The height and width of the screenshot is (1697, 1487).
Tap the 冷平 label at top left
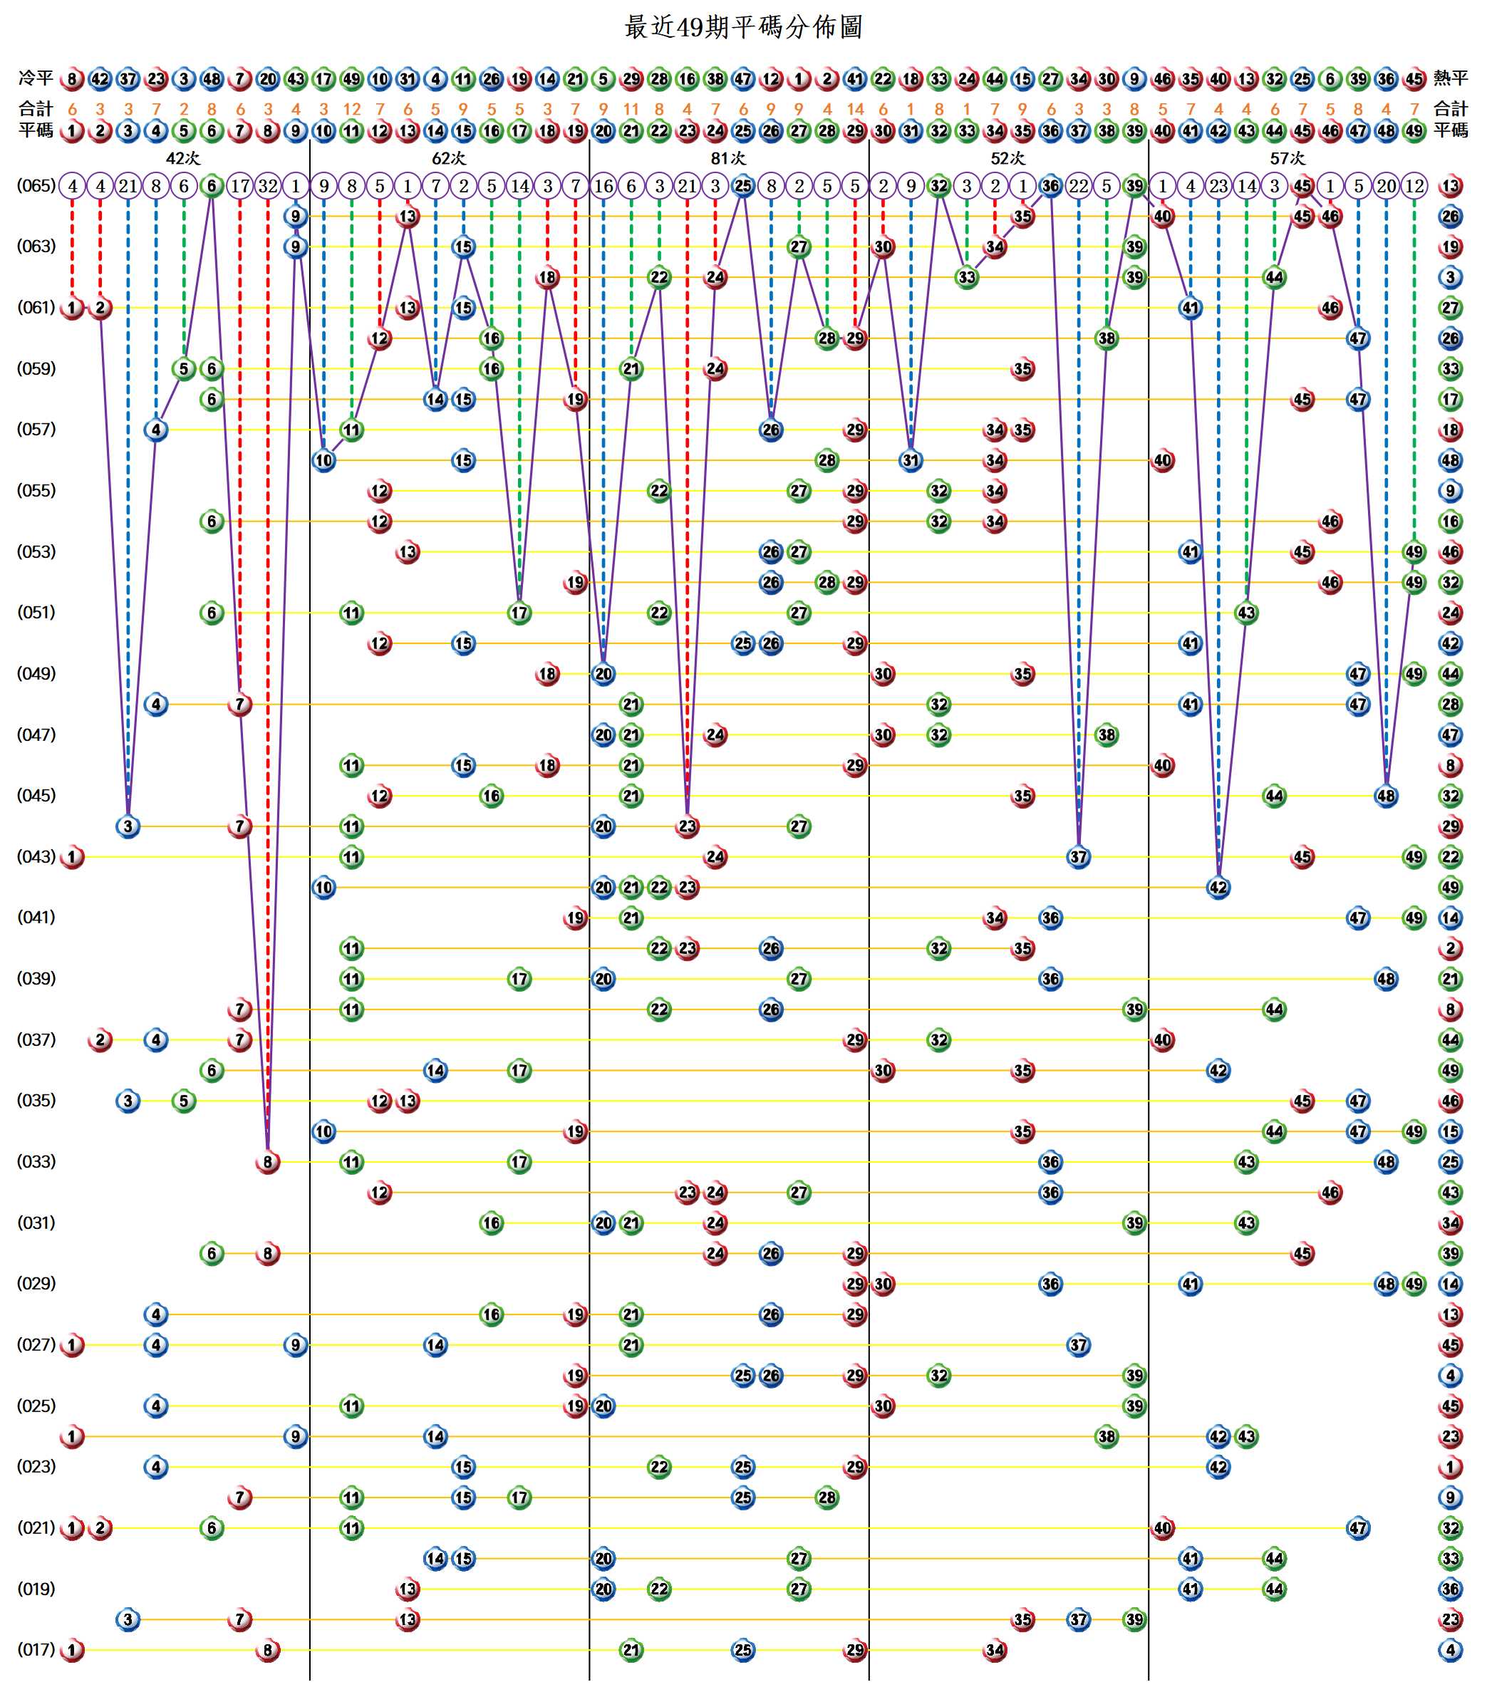tap(36, 79)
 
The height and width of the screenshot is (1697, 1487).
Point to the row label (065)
tap(36, 186)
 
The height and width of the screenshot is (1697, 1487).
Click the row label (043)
tap(36, 856)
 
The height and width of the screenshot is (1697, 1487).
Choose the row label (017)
tap(36, 1649)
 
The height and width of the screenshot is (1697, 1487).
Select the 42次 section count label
tap(182, 158)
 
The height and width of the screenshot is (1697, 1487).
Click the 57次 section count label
tap(1287, 158)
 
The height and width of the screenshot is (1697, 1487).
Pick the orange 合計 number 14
tap(855, 110)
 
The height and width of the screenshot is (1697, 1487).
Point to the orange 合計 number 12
tap(352, 110)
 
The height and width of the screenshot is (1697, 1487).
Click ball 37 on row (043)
tap(1078, 856)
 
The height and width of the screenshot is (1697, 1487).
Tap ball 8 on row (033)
tap(267, 1162)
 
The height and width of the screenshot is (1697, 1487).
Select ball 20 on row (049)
tap(603, 674)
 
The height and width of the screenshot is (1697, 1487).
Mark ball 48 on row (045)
tap(1386, 796)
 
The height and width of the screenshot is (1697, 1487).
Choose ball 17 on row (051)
tap(519, 613)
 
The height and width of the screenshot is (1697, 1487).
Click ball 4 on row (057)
tap(156, 430)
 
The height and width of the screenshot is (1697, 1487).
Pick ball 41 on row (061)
tap(1190, 308)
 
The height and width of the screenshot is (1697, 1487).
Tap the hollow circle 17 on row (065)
tap(240, 186)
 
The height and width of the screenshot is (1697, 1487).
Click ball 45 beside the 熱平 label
tap(1414, 80)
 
